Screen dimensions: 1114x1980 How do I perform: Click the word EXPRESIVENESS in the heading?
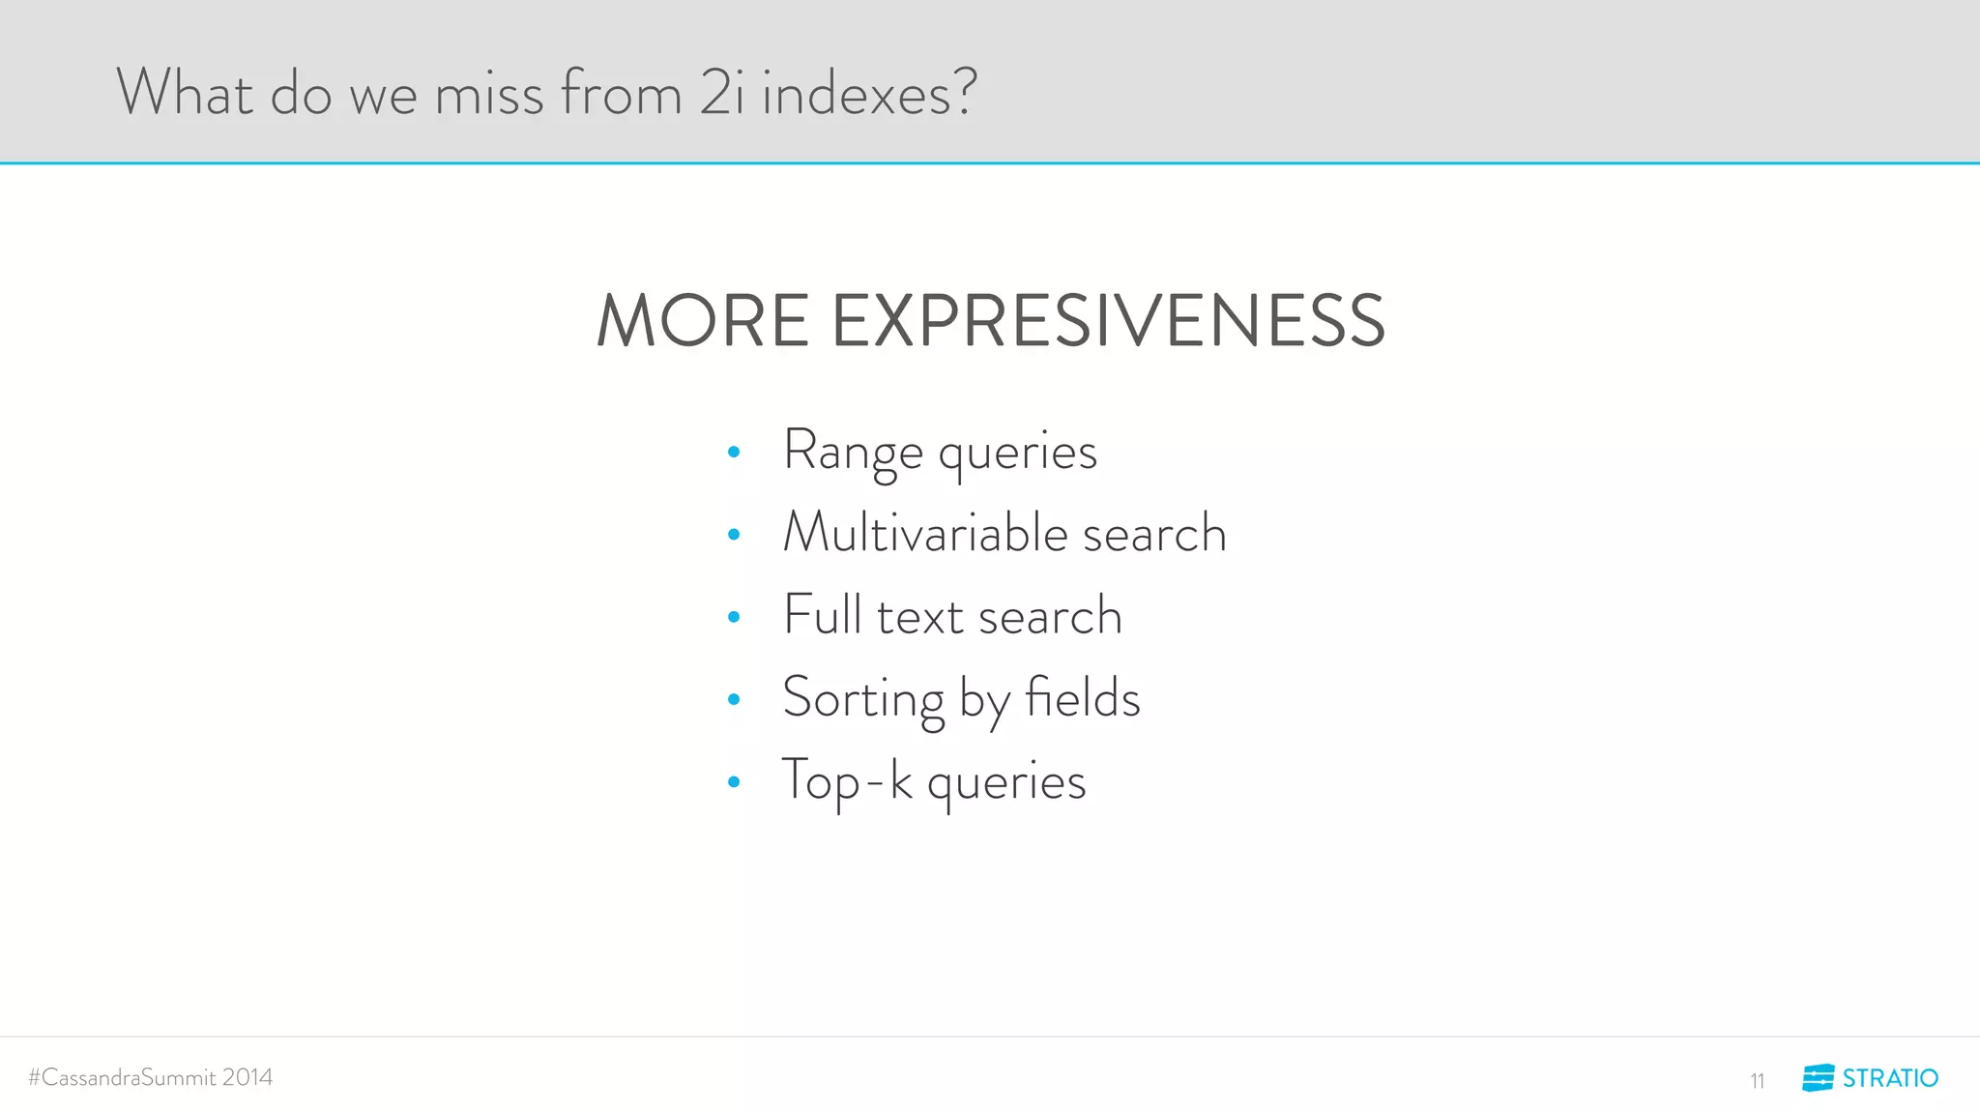[1108, 321]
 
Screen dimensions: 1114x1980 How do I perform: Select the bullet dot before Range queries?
[734, 452]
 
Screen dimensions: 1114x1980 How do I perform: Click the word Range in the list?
[853, 452]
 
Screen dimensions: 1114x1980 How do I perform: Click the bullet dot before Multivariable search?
[734, 534]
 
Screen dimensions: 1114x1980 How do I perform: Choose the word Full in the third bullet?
[822, 615]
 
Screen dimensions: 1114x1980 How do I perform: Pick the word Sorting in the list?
[863, 699]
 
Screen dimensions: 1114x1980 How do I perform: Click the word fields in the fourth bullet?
[1083, 697]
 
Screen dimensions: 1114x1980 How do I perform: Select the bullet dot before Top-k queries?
[734, 781]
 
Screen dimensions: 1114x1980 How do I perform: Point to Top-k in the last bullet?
[847, 781]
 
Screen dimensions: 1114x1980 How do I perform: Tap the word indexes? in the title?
[870, 94]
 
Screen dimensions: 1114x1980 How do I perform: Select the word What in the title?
[185, 94]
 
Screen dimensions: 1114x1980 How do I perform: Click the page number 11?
[1757, 1081]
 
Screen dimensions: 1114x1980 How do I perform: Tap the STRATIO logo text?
[1890, 1078]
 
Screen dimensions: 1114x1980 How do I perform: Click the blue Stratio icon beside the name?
[1818, 1078]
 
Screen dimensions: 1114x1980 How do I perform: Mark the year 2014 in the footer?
[247, 1077]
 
